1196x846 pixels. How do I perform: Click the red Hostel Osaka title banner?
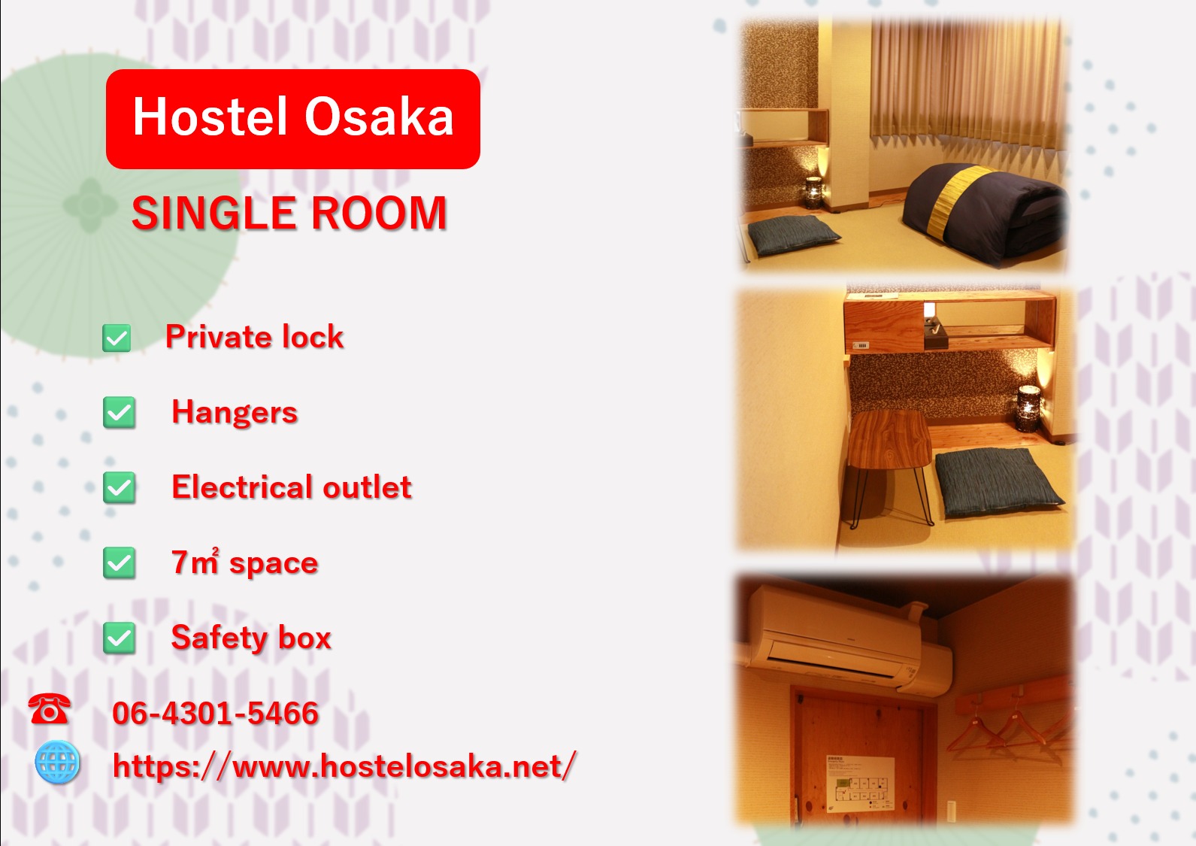(x=292, y=119)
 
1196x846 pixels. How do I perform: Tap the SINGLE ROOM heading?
(x=289, y=213)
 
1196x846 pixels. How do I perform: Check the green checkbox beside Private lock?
(x=117, y=338)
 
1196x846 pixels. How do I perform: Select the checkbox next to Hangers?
(x=119, y=412)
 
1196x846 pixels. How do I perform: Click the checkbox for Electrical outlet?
(x=119, y=487)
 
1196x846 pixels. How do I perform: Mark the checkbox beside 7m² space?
(x=119, y=563)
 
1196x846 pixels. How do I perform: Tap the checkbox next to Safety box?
(x=119, y=638)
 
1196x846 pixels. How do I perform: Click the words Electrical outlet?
(x=292, y=487)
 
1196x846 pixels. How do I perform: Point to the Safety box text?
(x=251, y=638)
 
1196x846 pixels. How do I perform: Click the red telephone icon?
(x=49, y=709)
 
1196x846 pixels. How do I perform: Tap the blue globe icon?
(x=57, y=762)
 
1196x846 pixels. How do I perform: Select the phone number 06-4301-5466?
(x=216, y=713)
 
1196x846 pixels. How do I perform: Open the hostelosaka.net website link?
(x=344, y=766)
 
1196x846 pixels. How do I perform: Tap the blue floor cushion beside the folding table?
(x=998, y=482)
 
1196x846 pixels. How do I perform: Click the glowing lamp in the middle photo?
(x=1028, y=409)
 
